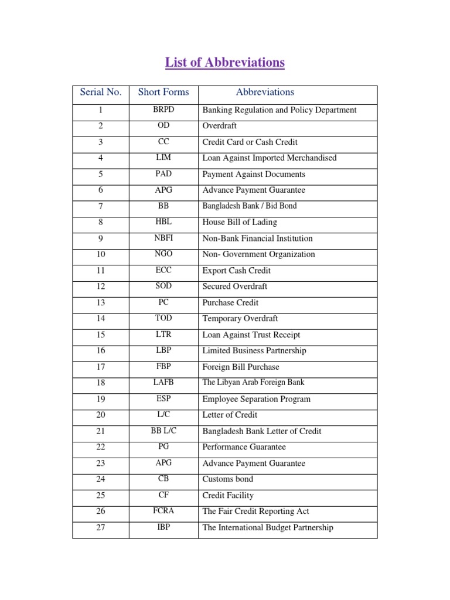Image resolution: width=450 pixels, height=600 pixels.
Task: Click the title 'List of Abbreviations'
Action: click(x=225, y=62)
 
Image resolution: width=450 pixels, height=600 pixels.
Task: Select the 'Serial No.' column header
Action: click(x=101, y=92)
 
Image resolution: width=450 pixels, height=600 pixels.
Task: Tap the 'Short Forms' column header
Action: click(x=163, y=92)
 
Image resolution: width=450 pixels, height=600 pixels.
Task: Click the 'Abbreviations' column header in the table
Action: click(x=265, y=92)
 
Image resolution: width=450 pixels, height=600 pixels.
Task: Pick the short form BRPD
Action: click(x=163, y=110)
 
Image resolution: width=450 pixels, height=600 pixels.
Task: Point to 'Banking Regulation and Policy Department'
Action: click(x=279, y=110)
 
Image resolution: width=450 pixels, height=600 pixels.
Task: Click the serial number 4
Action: click(x=101, y=158)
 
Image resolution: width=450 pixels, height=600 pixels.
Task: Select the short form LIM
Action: click(x=163, y=158)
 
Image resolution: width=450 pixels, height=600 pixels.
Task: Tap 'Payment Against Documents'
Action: click(x=254, y=174)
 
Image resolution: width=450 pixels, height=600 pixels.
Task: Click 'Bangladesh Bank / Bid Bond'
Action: click(x=250, y=206)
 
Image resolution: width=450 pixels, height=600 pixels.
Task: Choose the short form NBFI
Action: click(x=163, y=238)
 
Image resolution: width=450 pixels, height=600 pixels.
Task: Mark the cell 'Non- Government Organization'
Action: click(x=258, y=254)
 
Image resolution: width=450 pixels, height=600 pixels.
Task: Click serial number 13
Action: click(x=101, y=303)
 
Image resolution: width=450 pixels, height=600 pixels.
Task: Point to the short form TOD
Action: click(x=163, y=318)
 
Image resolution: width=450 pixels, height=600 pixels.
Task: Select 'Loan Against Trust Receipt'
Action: click(x=251, y=335)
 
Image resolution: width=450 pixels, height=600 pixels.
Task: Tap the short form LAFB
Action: click(x=163, y=382)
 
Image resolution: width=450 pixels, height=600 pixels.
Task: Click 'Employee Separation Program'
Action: click(x=256, y=399)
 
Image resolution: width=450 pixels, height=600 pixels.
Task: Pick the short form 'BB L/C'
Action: click(x=163, y=431)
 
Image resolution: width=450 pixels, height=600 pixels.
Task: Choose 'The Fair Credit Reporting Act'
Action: click(x=255, y=511)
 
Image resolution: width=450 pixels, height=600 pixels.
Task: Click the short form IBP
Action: click(x=163, y=527)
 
